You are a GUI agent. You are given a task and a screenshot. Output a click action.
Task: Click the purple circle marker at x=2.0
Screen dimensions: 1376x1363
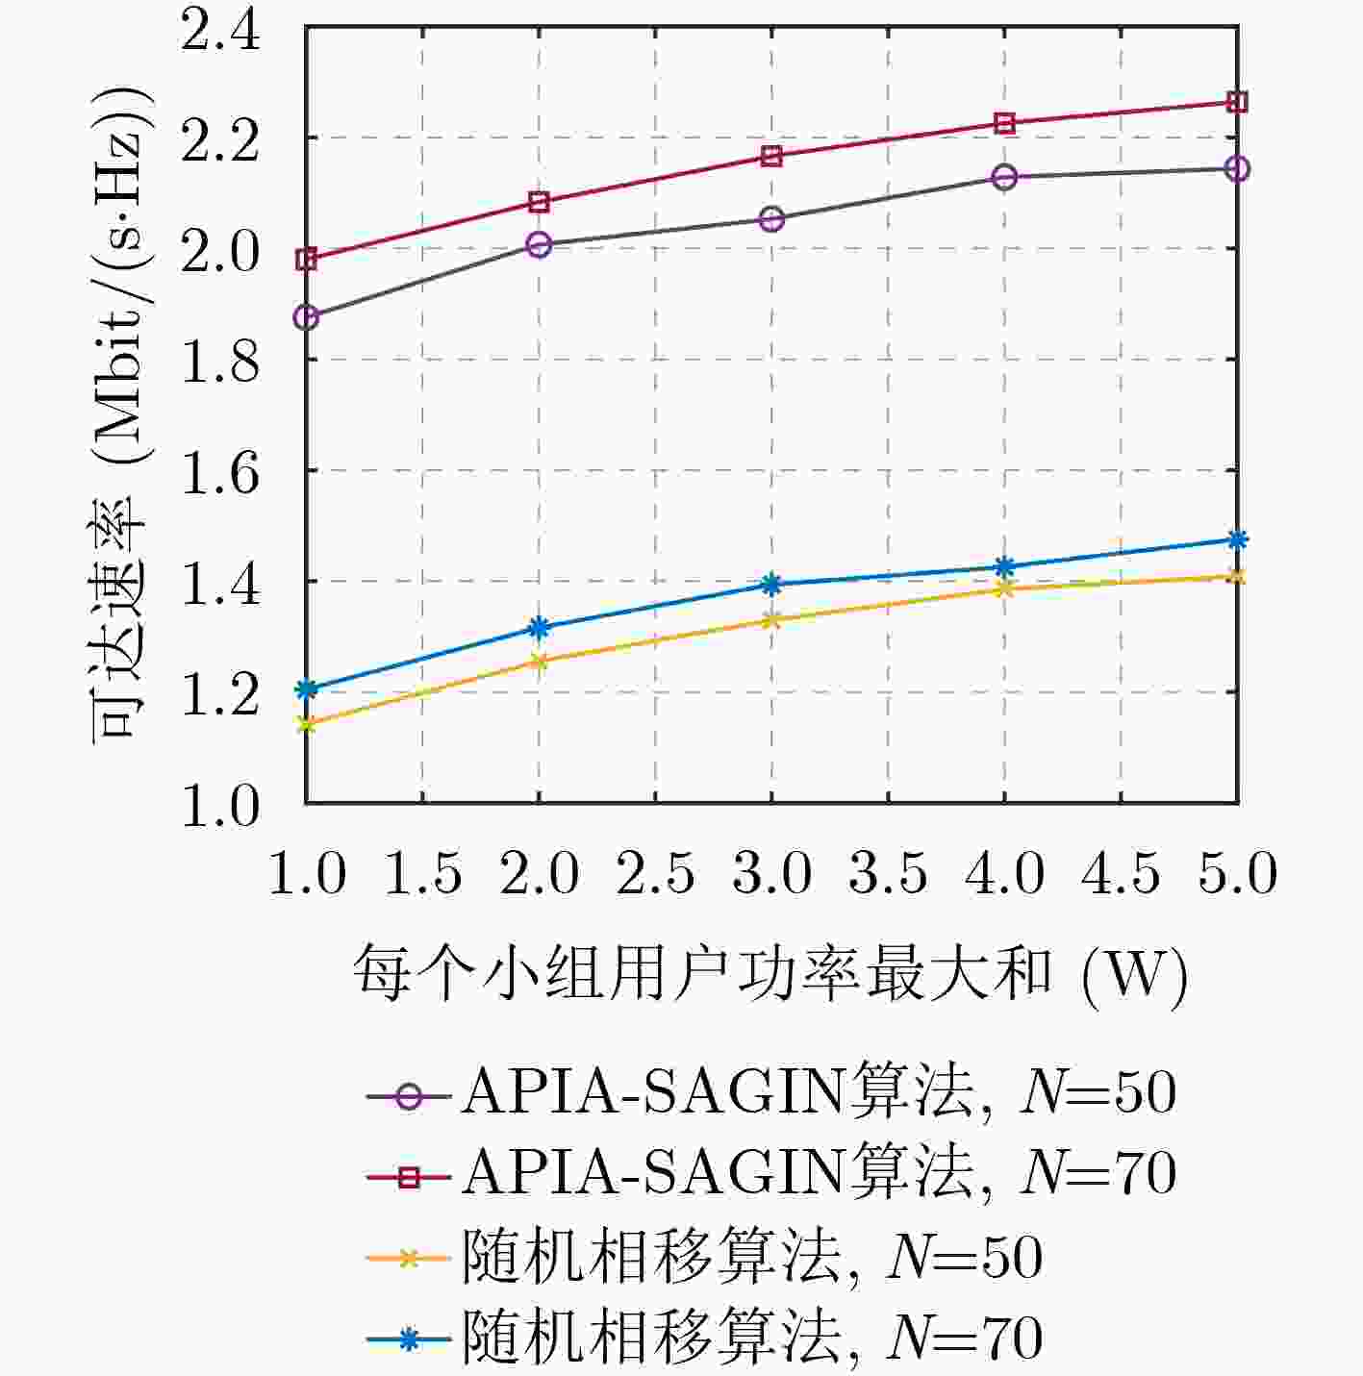coord(540,244)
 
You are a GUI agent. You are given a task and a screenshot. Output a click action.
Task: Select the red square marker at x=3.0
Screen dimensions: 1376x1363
coord(771,156)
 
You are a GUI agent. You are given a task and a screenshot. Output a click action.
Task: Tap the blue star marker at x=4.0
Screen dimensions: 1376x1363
coord(1005,565)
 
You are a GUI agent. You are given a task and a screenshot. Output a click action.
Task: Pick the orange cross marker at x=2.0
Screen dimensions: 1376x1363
coord(540,661)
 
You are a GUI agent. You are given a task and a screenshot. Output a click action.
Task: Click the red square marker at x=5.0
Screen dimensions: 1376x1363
coord(1238,102)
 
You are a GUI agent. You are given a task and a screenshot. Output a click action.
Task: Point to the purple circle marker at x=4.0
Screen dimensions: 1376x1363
coord(1005,177)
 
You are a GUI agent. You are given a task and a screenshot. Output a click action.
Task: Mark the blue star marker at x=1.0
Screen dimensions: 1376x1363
coord(307,688)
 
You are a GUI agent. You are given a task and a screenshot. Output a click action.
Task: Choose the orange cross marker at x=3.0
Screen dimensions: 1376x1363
coord(771,619)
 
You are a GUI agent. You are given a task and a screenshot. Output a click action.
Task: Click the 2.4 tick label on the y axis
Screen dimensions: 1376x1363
coord(220,31)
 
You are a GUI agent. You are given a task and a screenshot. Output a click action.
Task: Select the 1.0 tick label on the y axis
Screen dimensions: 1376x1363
coord(220,806)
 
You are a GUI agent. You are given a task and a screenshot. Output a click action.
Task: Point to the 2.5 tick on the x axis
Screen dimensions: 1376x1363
coord(655,874)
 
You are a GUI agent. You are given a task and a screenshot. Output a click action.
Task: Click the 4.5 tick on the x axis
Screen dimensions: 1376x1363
coord(1122,874)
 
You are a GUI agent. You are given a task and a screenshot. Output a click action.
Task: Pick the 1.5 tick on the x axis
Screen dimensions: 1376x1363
coord(423,874)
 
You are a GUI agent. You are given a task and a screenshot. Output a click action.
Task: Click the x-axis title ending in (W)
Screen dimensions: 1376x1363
coord(770,974)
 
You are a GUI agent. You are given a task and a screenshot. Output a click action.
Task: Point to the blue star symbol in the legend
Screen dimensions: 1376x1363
coord(409,1338)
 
